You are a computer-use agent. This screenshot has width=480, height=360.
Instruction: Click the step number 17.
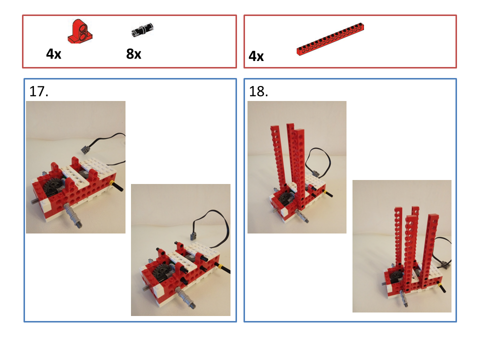[x=38, y=91]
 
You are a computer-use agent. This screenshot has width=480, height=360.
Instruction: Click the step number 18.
[x=259, y=91]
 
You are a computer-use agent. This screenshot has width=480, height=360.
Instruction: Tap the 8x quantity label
[x=133, y=54]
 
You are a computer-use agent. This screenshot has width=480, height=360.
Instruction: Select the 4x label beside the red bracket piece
[x=53, y=54]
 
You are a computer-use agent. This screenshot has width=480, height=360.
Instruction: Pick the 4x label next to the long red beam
[x=256, y=56]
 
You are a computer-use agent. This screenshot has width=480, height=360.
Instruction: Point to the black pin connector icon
[x=142, y=30]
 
